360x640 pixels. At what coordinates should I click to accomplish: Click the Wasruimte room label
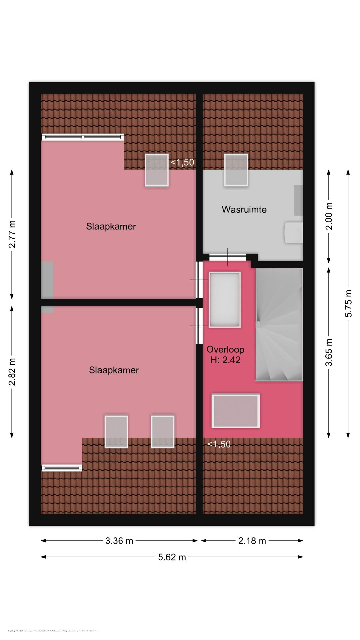pyautogui.click(x=244, y=210)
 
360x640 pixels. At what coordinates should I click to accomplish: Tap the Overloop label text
pyautogui.click(x=225, y=349)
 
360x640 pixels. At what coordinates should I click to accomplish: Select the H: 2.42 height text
pyautogui.click(x=225, y=360)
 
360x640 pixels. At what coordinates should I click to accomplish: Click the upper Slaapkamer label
pyautogui.click(x=111, y=226)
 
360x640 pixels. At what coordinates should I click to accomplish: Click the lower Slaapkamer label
pyautogui.click(x=114, y=370)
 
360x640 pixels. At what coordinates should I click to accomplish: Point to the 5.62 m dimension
pyautogui.click(x=172, y=557)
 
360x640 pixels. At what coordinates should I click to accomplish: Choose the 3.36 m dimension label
pyautogui.click(x=119, y=541)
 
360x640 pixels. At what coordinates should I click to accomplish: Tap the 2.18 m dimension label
pyautogui.click(x=252, y=541)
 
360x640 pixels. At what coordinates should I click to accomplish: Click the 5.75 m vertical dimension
pyautogui.click(x=348, y=303)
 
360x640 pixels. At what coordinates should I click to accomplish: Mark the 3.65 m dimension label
pyautogui.click(x=329, y=352)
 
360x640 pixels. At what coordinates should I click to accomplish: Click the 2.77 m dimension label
pyautogui.click(x=12, y=234)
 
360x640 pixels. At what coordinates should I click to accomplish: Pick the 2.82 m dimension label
pyautogui.click(x=12, y=372)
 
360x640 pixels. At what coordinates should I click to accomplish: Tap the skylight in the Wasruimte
pyautogui.click(x=236, y=170)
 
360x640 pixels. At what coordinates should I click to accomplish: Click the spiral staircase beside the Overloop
pyautogui.click(x=279, y=325)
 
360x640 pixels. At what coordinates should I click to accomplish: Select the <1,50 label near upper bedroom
pyautogui.click(x=182, y=162)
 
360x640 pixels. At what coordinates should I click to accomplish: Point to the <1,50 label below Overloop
pyautogui.click(x=219, y=444)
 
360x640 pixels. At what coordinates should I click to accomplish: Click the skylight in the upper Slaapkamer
pyautogui.click(x=157, y=170)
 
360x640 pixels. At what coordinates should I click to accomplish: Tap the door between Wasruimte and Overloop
pyautogui.click(x=228, y=257)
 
